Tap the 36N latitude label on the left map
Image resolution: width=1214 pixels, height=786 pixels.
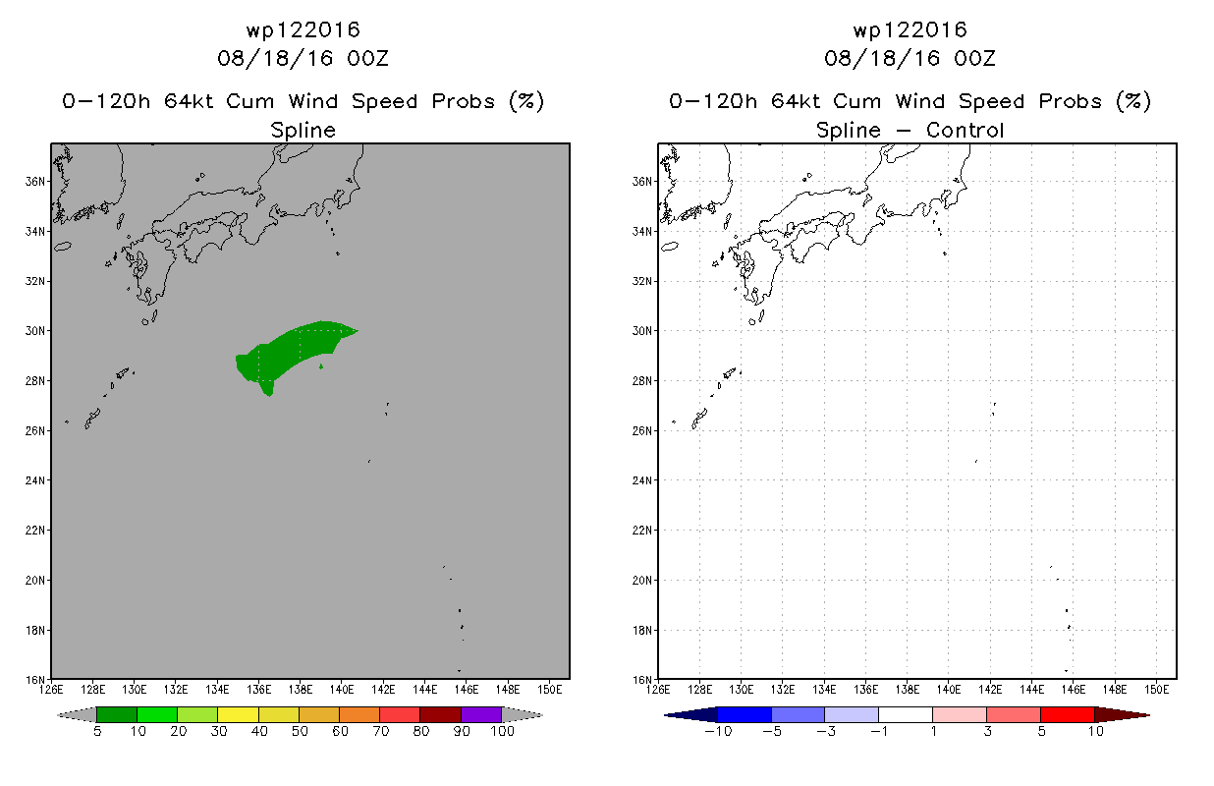click(x=35, y=182)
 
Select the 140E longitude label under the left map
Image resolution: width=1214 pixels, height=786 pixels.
click(x=342, y=690)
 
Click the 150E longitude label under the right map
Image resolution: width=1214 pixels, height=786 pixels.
click(x=1157, y=690)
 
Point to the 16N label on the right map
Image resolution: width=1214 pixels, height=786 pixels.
click(x=642, y=680)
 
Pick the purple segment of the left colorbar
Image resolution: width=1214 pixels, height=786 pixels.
click(x=481, y=714)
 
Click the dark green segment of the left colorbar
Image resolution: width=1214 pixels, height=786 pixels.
click(x=117, y=714)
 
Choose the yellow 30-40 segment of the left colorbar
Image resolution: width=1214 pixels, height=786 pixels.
click(x=238, y=714)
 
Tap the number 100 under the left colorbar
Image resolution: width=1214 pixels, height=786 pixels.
click(x=502, y=731)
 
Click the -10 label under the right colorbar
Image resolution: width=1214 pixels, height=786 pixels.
click(x=718, y=731)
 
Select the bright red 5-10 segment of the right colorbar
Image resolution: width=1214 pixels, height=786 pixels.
click(x=1068, y=714)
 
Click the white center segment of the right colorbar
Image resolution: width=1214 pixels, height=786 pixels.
click(x=906, y=714)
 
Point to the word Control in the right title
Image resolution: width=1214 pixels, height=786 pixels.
click(x=965, y=130)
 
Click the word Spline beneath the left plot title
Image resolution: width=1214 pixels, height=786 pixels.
click(x=303, y=131)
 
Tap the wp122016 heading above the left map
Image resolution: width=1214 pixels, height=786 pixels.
click(x=303, y=30)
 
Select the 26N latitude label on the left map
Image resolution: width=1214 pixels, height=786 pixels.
click(x=35, y=431)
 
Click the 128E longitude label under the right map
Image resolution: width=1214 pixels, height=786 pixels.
click(x=699, y=690)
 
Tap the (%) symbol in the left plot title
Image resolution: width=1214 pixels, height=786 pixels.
click(x=526, y=101)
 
